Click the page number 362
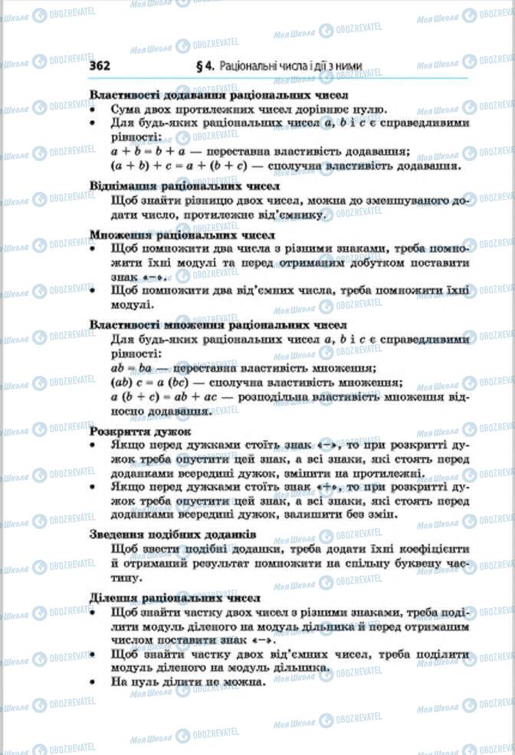100,66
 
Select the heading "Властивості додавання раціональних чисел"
219,96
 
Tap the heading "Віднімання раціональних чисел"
184,185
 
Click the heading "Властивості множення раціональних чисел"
218,325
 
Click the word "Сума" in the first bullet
126,110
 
